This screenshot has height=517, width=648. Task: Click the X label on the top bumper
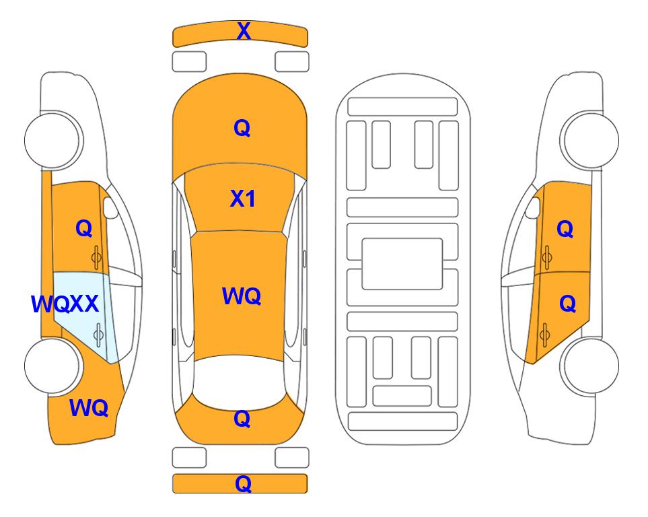pos(244,31)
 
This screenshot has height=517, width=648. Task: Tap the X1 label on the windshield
pos(243,199)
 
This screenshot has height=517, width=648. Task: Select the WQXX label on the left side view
pos(65,304)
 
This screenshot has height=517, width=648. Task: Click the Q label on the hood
pos(242,128)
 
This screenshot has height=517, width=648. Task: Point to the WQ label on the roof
pos(242,296)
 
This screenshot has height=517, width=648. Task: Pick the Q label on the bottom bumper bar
pos(243,483)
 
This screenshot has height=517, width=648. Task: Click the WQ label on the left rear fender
pos(89,408)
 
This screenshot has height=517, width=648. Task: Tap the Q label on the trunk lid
pos(242,419)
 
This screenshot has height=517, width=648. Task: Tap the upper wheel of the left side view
pos(52,140)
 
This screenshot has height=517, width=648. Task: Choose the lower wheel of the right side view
pos(591,366)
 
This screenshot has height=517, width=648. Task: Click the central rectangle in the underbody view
pos(402,264)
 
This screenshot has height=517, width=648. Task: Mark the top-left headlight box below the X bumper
pos(189,62)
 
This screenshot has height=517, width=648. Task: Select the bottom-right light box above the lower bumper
pos(292,458)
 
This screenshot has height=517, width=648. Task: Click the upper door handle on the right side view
pos(546,257)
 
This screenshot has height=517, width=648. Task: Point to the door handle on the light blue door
pos(98,335)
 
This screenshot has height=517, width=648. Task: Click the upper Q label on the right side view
pos(565,229)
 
